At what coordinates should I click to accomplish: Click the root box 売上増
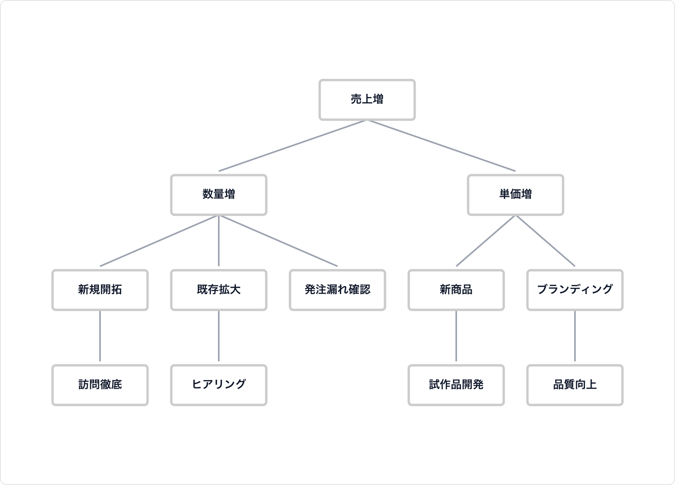click(367, 99)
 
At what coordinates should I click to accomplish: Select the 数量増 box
click(218, 195)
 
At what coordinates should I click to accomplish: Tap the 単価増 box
click(515, 195)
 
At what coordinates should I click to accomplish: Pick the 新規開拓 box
click(100, 290)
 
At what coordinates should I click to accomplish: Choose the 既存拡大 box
click(218, 290)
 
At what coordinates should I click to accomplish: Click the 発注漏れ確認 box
click(337, 290)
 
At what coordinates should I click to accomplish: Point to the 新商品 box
click(456, 290)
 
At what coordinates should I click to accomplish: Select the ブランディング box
click(575, 290)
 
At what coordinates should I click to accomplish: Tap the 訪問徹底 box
click(100, 385)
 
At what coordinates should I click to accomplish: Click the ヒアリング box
click(218, 385)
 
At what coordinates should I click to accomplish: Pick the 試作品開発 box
click(456, 385)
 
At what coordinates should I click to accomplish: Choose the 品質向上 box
click(575, 385)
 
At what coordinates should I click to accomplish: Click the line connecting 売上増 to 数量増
click(293, 146)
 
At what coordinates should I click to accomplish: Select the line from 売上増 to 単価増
click(441, 146)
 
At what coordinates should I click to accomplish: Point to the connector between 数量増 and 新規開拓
click(159, 241)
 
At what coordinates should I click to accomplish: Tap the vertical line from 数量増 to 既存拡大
click(219, 241)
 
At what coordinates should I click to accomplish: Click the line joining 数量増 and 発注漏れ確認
click(278, 241)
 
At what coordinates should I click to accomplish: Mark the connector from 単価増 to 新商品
click(486, 241)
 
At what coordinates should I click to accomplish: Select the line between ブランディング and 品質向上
click(575, 336)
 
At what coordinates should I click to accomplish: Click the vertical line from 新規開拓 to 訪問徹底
click(100, 336)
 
